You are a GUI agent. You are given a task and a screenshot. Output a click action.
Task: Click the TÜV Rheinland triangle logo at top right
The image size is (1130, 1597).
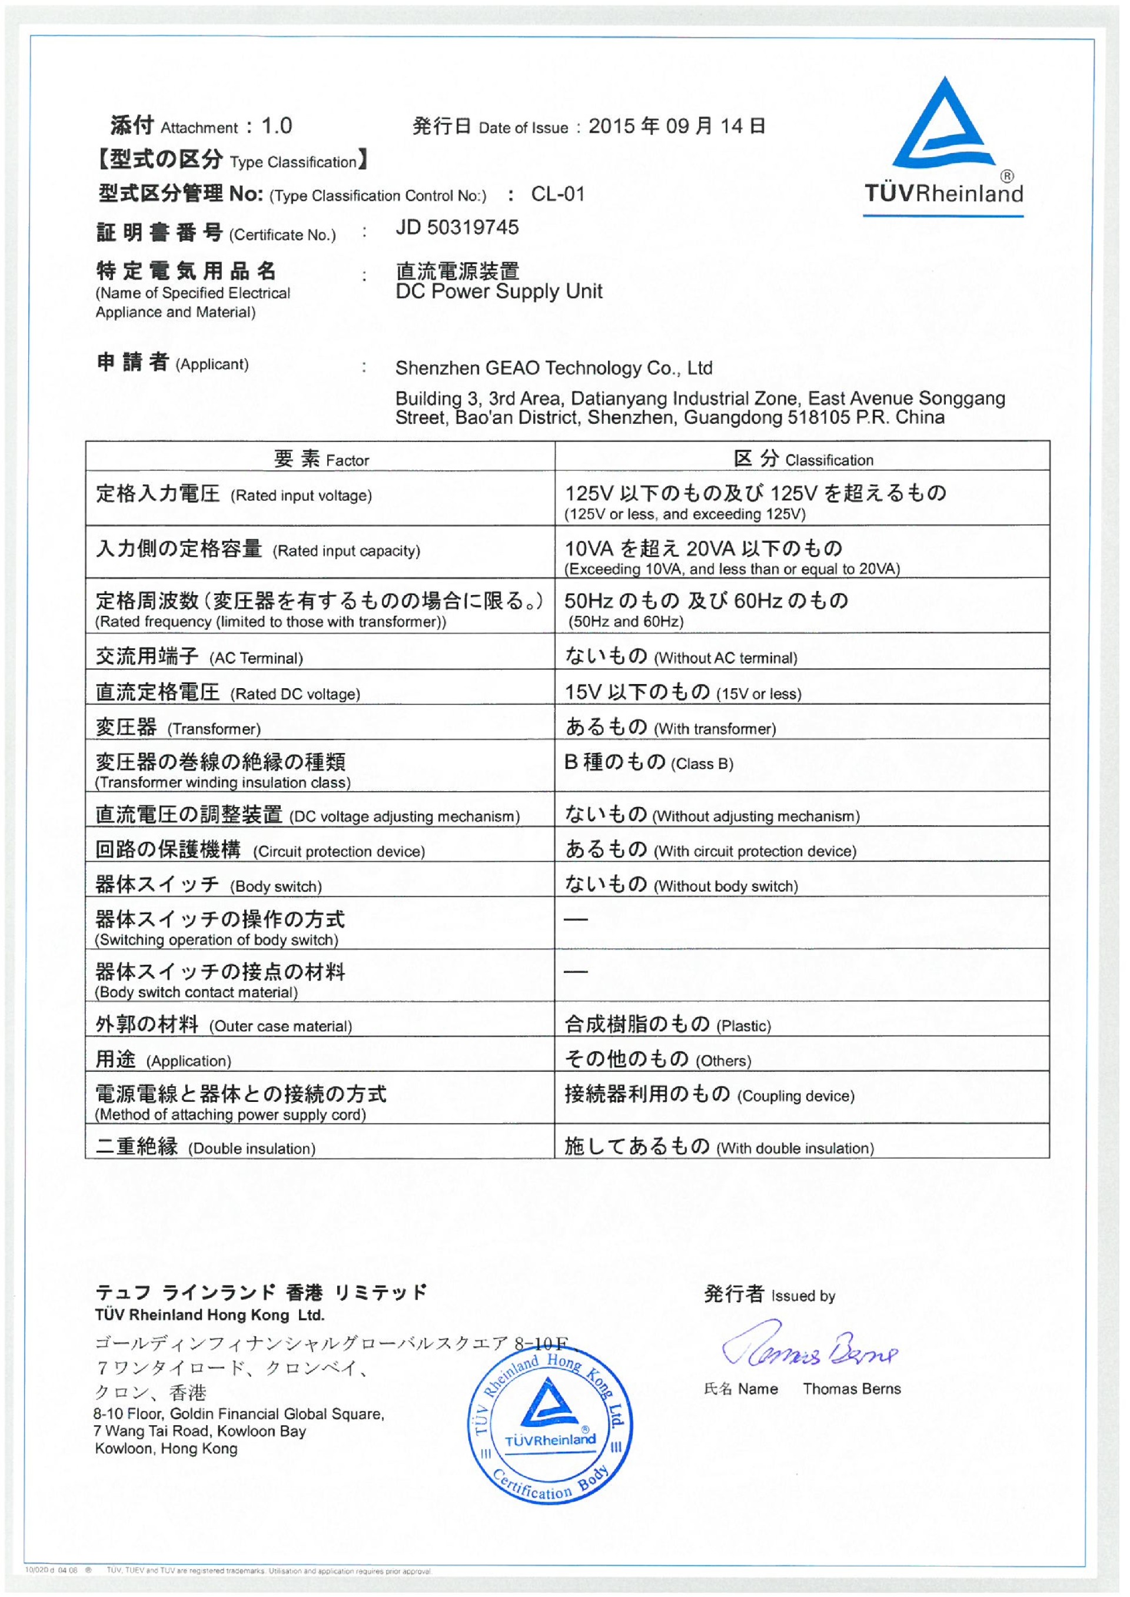943,125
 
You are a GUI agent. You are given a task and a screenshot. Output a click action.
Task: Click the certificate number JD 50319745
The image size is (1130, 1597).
457,228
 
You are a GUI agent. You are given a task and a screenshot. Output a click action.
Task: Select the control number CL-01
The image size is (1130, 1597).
557,194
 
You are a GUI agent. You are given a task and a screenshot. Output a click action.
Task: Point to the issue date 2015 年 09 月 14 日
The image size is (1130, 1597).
676,126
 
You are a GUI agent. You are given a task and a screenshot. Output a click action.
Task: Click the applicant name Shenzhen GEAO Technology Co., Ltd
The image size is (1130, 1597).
553,368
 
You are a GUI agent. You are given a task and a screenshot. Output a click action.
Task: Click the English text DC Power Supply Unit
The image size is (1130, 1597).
498,291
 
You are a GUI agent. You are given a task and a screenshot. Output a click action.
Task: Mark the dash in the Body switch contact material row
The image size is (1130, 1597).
576,971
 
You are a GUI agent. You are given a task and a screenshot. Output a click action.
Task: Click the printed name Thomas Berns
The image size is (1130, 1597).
851,1389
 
